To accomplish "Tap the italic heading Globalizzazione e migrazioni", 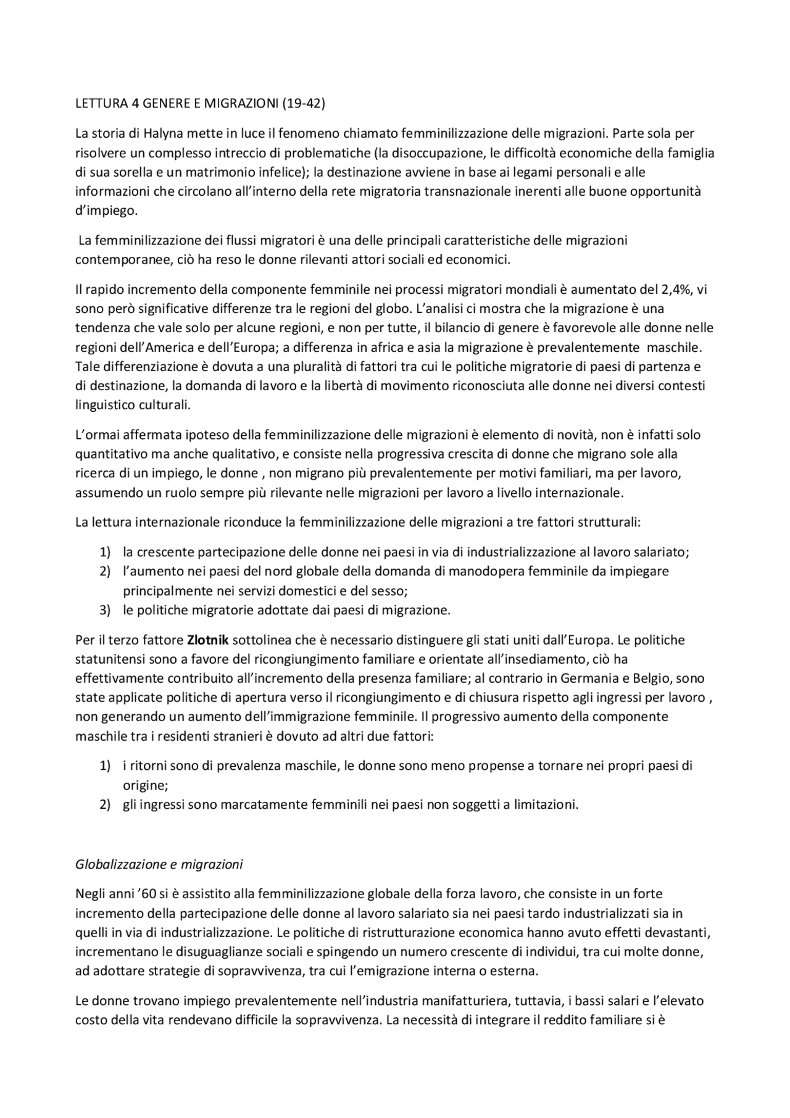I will click(159, 864).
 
